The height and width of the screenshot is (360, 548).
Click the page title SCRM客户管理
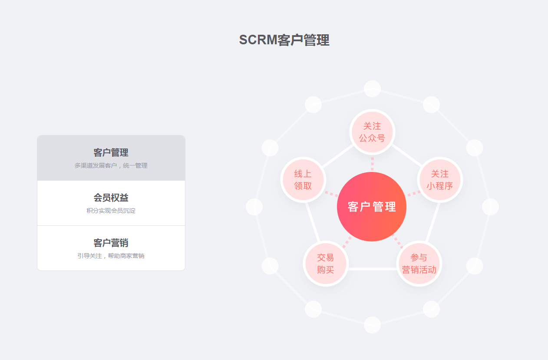284,40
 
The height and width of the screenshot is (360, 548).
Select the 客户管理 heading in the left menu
111,152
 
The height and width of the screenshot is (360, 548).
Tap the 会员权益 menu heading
111,198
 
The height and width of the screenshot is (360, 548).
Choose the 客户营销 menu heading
111,243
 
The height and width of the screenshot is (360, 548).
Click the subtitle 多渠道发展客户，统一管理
111,166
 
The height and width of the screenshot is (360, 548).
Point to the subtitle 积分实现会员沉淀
111,211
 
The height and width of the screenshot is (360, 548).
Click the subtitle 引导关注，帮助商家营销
111,256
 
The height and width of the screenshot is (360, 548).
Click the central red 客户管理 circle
372,207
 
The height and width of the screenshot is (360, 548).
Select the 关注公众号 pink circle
372,132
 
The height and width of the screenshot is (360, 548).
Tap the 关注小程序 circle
440,180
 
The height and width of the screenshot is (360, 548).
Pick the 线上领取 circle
303,180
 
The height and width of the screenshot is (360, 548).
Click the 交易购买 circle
326,264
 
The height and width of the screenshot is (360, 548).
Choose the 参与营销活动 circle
419,264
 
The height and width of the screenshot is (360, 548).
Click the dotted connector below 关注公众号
372,164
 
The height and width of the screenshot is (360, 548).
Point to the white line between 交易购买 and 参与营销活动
372,269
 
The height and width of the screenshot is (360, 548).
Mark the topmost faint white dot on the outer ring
372,89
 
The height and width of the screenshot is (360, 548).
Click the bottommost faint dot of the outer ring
372,325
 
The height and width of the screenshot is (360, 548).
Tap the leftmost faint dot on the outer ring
254,207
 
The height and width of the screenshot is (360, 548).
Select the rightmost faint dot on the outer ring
491,207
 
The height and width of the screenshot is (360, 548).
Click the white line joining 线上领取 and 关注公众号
337,156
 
